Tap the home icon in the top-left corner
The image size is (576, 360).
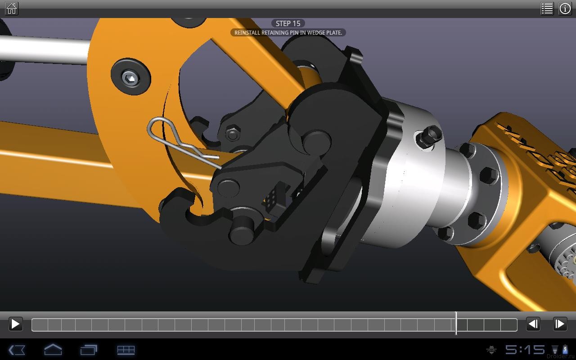pos(12,9)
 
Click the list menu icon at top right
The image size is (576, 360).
pos(547,9)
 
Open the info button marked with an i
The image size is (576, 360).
pos(565,9)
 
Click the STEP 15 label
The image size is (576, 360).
pos(288,23)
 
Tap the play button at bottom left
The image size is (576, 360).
pos(15,324)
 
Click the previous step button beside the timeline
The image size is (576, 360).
pos(533,324)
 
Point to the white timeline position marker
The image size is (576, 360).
pos(456,324)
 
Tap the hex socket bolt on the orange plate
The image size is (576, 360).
pos(130,78)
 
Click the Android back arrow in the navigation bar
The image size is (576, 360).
pos(17,350)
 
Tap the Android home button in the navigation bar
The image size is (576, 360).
pos(53,350)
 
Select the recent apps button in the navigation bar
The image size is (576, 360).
pos(89,350)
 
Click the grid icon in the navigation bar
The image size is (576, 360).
pos(126,350)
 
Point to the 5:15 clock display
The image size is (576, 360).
pos(525,350)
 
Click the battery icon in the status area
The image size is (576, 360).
pos(565,350)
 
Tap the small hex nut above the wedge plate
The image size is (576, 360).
pos(232,134)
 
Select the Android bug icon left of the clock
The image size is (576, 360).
pos(492,350)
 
